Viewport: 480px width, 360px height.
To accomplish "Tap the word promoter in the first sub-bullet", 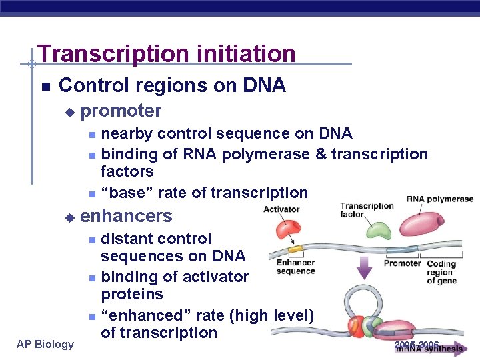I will pyautogui.click(x=121, y=111).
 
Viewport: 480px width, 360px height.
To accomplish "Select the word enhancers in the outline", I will pyautogui.click(x=126, y=216).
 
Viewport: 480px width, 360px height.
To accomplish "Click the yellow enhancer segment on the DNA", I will pyautogui.click(x=295, y=249).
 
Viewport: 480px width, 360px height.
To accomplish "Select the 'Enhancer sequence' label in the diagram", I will pyautogui.click(x=295, y=267).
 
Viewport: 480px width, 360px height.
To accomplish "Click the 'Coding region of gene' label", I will pyautogui.click(x=441, y=272).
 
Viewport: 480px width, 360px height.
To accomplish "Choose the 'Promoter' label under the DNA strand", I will pyautogui.click(x=402, y=263).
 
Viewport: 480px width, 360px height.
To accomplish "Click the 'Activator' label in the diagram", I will pyautogui.click(x=281, y=209).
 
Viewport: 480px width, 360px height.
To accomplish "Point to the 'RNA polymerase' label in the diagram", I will pyautogui.click(x=439, y=199).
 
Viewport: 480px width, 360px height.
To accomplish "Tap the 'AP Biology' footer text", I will pyautogui.click(x=45, y=344).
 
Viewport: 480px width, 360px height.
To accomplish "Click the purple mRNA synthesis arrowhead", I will pyautogui.click(x=459, y=348).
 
